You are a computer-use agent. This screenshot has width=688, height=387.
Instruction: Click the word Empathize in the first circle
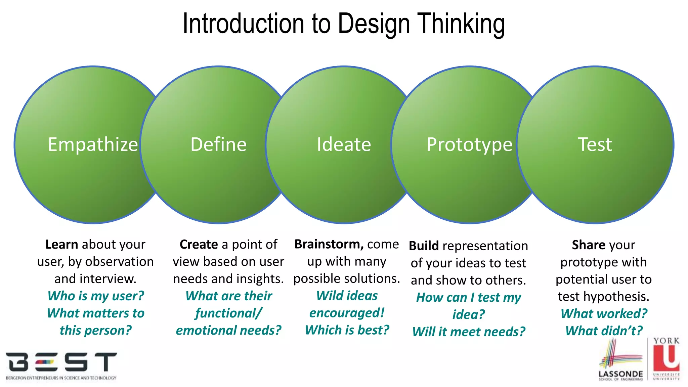pyautogui.click(x=93, y=144)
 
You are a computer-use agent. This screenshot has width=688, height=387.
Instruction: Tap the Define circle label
pyautogui.click(x=218, y=144)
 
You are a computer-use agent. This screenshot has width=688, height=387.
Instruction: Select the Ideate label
pyautogui.click(x=344, y=144)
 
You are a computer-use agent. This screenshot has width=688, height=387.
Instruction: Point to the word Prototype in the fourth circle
pyautogui.click(x=469, y=144)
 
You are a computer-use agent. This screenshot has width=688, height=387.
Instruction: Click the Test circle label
pyautogui.click(x=595, y=144)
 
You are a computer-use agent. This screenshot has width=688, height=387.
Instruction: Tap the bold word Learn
pyautogui.click(x=61, y=244)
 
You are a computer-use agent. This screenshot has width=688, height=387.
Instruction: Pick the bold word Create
pyautogui.click(x=199, y=244)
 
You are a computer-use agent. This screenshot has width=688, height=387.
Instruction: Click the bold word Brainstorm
pyautogui.click(x=329, y=244)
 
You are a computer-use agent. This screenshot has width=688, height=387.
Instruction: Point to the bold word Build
pyautogui.click(x=424, y=246)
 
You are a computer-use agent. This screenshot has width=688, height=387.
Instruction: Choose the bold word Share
pyautogui.click(x=586, y=245)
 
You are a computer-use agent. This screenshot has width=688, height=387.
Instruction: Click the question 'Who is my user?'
pyautogui.click(x=96, y=296)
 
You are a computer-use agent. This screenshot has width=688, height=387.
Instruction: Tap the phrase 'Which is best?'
pyautogui.click(x=347, y=330)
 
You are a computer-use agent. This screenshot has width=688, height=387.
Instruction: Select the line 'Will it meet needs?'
pyautogui.click(x=469, y=332)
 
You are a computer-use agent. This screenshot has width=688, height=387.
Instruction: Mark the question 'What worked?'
pyautogui.click(x=604, y=313)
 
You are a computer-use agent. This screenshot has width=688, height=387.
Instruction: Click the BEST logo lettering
pyautogui.click(x=61, y=362)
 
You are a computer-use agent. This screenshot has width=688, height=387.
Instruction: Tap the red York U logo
pyautogui.click(x=666, y=358)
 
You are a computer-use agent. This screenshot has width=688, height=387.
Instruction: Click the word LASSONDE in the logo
pyautogui.click(x=620, y=374)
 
